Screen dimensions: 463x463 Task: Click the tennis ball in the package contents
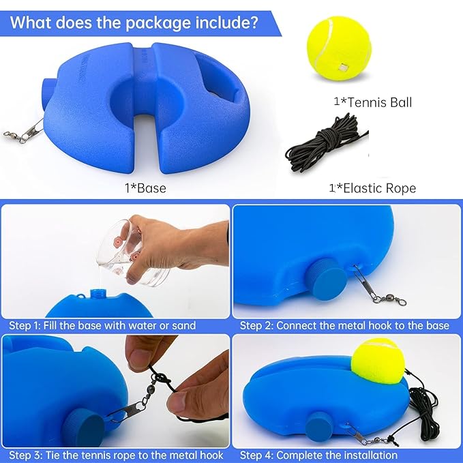tap(339, 48)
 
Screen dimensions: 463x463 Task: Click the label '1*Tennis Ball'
tap(372, 102)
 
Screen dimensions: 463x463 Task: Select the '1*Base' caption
tap(145, 188)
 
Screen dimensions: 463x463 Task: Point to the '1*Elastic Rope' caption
tap(372, 188)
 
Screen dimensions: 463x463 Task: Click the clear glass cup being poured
tap(132, 252)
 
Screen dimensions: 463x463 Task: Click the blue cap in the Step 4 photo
tap(320, 426)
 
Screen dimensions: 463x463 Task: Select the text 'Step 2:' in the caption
tap(256, 325)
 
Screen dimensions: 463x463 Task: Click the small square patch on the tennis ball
tap(344, 68)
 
